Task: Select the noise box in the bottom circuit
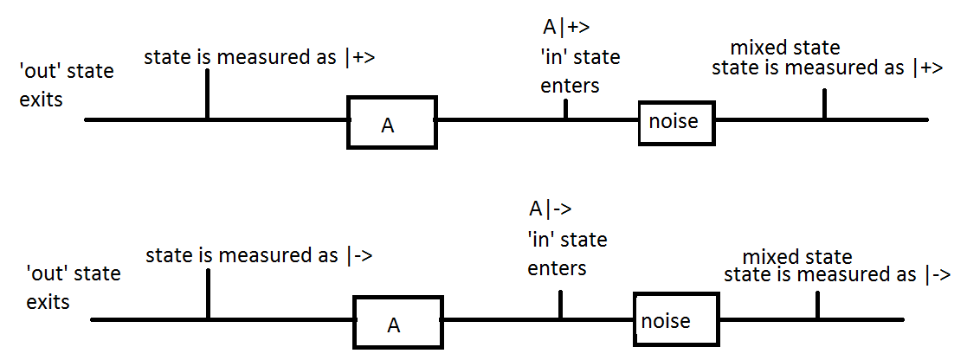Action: pos(675,320)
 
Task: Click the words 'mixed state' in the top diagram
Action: pos(785,48)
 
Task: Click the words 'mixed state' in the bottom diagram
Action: pos(797,257)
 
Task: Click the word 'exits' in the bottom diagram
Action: pos(48,303)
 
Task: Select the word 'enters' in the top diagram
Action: pos(570,86)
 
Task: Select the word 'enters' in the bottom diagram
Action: pos(557,268)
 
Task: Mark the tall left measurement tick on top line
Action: pos(207,93)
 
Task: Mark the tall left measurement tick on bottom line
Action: pos(208,293)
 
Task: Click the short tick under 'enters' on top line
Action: pos(565,109)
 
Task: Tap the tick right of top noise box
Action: pos(823,105)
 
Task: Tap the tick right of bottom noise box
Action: pos(816,305)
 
